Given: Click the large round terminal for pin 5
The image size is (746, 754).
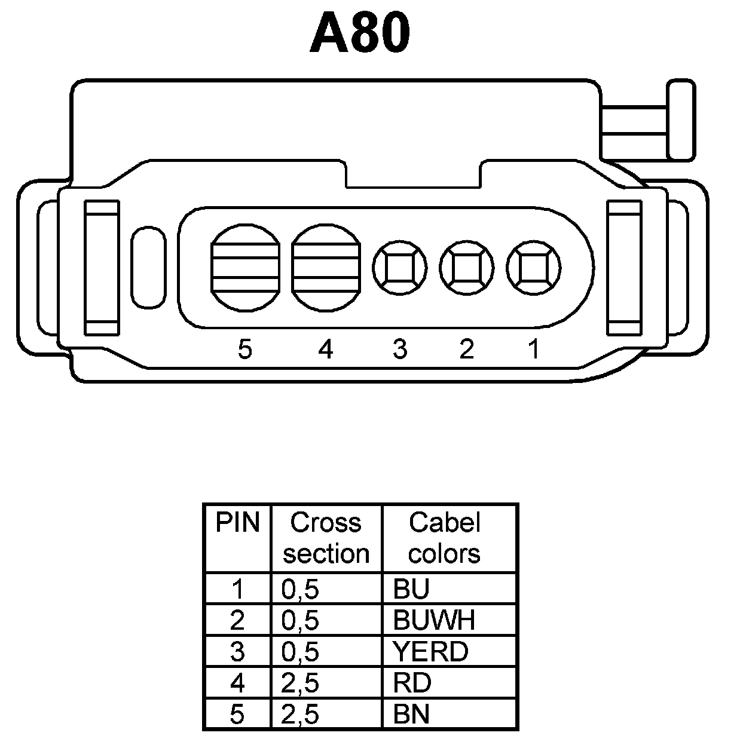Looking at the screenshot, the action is [245, 267].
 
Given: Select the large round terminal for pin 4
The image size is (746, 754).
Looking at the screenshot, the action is [326, 267].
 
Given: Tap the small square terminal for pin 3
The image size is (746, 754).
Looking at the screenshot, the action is [400, 267].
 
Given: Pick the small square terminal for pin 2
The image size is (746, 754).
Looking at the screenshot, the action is [467, 267].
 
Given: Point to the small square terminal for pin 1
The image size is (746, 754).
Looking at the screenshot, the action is [534, 267].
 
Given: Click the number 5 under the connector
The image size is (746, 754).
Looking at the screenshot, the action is [245, 349].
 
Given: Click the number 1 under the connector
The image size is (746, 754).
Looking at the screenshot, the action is [534, 349].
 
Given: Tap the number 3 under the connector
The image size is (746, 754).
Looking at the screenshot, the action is [400, 349].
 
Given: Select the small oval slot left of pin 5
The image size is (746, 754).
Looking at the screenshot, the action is [148, 267].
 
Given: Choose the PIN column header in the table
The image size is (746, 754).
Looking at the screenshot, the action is [237, 523].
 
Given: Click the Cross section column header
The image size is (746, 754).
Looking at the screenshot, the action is [326, 538].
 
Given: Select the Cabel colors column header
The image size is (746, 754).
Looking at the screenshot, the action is [444, 538].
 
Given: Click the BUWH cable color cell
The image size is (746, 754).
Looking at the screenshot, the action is [434, 621].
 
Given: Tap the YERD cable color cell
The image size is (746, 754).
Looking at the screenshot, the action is [430, 652].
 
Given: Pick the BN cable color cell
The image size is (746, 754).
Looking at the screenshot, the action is [412, 714].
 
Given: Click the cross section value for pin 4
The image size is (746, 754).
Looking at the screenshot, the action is [300, 683].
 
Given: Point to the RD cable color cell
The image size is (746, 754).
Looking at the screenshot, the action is [412, 683].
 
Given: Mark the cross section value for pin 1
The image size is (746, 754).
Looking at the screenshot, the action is [300, 590].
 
